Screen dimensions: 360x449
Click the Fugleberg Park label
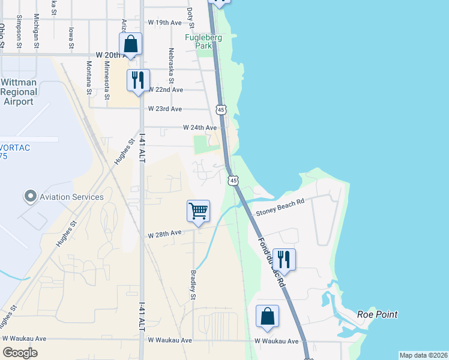tap(203, 41)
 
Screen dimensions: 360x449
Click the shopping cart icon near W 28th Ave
tap(198, 211)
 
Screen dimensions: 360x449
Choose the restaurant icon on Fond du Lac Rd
tap(284, 259)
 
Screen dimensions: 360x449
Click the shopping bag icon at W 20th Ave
tap(130, 44)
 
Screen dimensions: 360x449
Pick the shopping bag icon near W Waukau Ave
tap(267, 316)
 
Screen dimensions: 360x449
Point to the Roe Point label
tap(377, 314)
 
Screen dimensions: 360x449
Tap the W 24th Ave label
tap(199, 128)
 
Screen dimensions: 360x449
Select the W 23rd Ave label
tap(164, 109)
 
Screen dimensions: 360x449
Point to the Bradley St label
tap(193, 284)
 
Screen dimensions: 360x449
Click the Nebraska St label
tap(172, 65)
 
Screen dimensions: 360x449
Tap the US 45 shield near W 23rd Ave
tap(221, 110)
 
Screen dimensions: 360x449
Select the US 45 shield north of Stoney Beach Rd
tap(233, 180)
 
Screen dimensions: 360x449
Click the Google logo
tap(20, 353)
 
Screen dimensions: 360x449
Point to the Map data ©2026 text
tap(423, 355)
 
